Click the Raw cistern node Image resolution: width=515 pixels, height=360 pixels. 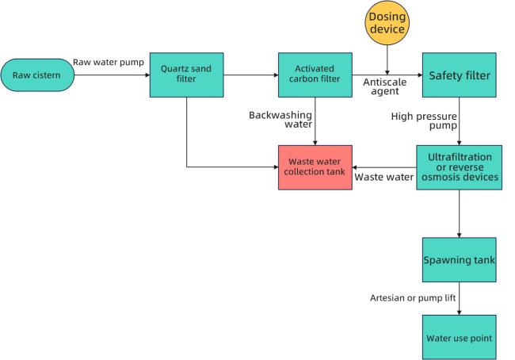click(37, 75)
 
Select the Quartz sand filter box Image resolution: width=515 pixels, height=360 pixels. click(186, 75)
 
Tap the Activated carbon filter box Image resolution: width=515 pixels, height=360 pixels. click(315, 75)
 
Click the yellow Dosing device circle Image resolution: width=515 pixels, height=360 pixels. click(387, 23)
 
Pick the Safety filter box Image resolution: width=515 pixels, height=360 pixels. click(460, 75)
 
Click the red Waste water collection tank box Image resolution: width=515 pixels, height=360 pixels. click(315, 167)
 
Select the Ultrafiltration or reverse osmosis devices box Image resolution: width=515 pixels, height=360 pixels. click(460, 167)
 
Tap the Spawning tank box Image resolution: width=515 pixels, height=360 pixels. click(460, 260)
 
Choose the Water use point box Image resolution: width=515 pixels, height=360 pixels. click(460, 337)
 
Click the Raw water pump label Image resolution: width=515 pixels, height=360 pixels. click(109, 62)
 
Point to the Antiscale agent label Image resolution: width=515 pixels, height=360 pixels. click(384, 86)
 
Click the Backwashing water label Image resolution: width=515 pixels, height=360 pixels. click(280, 120)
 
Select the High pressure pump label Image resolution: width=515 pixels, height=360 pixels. click(424, 121)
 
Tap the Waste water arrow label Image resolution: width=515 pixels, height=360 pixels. click(384, 177)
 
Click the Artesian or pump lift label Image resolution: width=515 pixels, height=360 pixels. click(413, 298)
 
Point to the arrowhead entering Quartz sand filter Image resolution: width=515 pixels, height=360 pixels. click(147, 75)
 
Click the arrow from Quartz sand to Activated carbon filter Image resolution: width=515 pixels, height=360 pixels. click(251, 75)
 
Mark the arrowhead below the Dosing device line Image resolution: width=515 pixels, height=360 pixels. click(387, 72)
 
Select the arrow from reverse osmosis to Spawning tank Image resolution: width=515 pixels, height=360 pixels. click(460, 213)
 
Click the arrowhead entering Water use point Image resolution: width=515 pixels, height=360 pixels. click(460, 312)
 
